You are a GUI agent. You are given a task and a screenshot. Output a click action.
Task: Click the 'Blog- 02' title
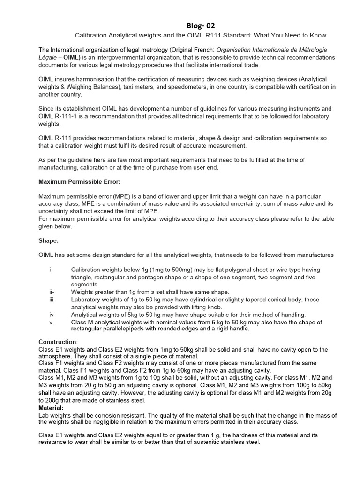tap(200, 26)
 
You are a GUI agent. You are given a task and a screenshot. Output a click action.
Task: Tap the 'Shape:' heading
tap(48, 240)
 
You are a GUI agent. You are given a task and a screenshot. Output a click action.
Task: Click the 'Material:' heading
tap(51, 408)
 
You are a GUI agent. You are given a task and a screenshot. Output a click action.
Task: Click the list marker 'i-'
tap(51, 270)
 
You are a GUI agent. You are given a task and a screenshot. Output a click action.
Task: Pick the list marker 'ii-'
tap(51, 292)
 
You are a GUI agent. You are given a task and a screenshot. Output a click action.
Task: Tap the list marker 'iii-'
tap(52, 300)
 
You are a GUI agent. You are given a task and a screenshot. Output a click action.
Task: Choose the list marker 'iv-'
tap(52, 315)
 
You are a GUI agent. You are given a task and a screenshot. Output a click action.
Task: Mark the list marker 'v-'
tap(51, 322)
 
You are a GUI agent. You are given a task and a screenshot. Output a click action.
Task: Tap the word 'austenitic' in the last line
tap(201, 442)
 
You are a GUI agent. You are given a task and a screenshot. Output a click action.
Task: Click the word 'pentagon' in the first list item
tap(141, 277)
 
